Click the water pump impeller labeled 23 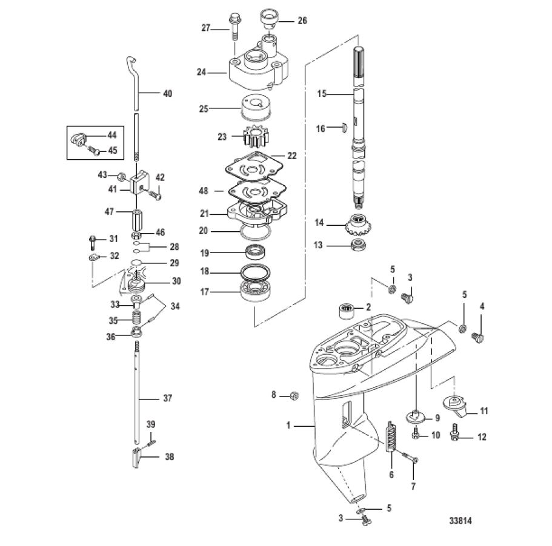coord(256,137)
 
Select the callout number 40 coord(168,93)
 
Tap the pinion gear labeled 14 coord(358,225)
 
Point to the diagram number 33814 coord(461,521)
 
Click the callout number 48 coord(204,191)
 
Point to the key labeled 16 coord(345,127)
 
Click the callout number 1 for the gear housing coord(288,426)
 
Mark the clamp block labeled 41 coord(140,183)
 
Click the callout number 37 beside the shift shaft coord(168,398)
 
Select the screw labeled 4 coord(477,338)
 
